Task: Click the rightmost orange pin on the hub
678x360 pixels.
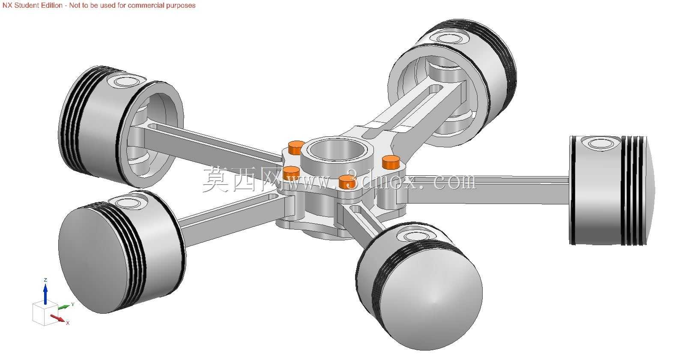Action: (391, 162)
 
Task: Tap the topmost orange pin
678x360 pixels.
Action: (297, 148)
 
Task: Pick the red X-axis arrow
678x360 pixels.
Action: (57, 318)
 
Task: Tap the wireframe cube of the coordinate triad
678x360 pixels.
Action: (45, 313)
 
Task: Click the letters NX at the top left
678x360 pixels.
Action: (7, 5)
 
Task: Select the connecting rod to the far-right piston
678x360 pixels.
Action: (487, 189)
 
